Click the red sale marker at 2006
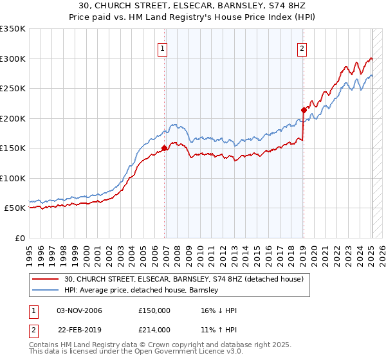[165, 148]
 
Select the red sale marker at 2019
[303, 110]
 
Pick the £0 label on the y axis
[19, 238]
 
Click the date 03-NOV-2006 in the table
[79, 311]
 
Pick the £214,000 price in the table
[154, 330]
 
